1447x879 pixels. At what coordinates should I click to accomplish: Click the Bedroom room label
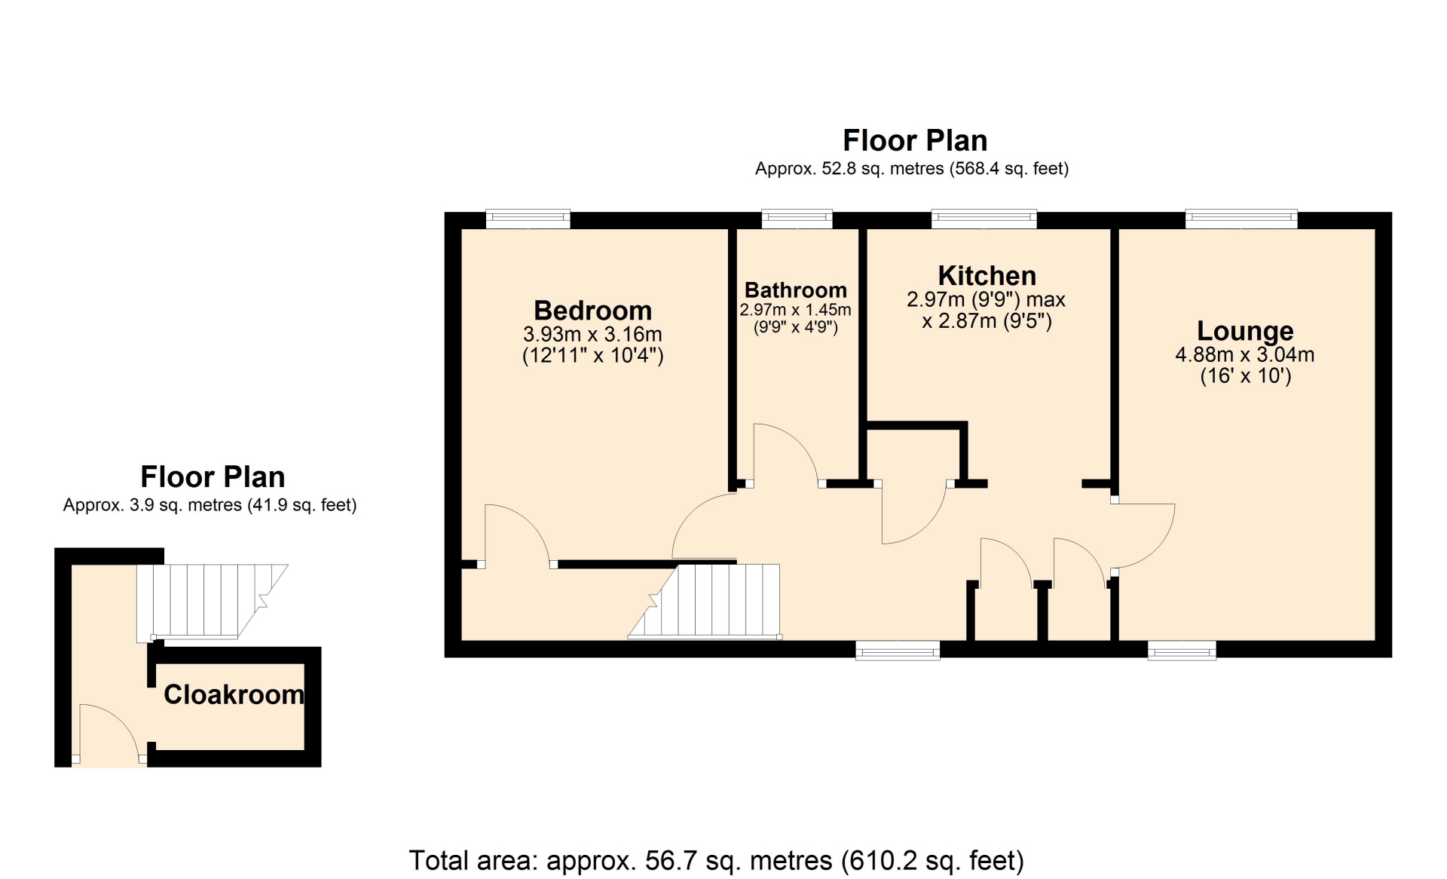click(x=592, y=311)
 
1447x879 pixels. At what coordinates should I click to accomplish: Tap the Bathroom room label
click(x=796, y=290)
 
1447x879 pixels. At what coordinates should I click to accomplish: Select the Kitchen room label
click(x=987, y=276)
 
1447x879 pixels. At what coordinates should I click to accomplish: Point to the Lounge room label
click(x=1245, y=331)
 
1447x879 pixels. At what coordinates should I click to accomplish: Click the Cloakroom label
click(x=234, y=694)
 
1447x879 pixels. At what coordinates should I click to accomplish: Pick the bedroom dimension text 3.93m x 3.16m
click(x=592, y=334)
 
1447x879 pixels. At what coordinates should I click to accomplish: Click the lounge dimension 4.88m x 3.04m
click(x=1245, y=354)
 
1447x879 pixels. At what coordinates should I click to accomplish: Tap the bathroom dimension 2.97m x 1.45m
click(x=796, y=310)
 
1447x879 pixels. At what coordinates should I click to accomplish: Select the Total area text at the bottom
click(x=716, y=860)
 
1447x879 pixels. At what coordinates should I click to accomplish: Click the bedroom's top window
click(x=528, y=219)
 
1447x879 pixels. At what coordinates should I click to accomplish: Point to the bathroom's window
click(x=797, y=219)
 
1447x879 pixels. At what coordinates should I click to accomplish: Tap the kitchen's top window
click(x=984, y=219)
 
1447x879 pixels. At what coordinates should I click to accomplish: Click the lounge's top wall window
click(x=1241, y=219)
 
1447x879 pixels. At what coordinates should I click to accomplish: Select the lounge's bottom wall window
click(x=1182, y=650)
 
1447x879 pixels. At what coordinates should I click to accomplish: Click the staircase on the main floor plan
click(x=705, y=602)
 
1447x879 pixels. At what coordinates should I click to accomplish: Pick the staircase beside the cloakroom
click(x=212, y=602)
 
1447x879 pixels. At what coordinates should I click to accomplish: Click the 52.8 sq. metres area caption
click(x=912, y=168)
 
